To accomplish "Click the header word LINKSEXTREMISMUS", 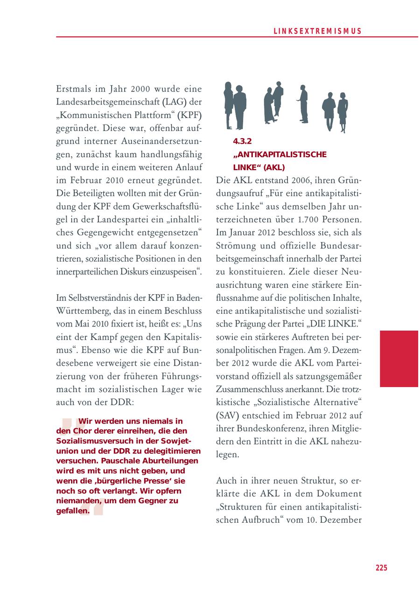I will (317, 31).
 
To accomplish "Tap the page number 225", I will (381, 567).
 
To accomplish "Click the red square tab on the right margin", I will (399, 359).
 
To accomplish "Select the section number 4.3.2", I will (242, 141).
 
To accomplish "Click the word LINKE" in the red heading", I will (247, 167).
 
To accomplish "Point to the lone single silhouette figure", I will (303, 104).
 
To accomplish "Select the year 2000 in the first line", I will (140, 89).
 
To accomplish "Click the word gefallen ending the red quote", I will (70, 511).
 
